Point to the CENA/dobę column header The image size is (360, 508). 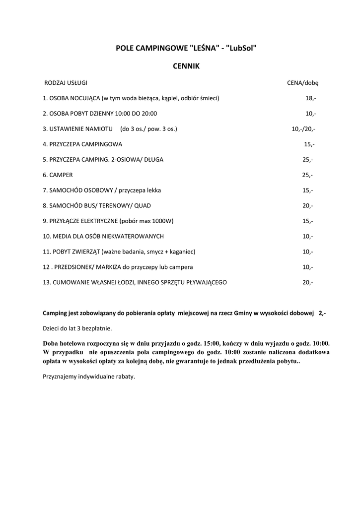point(302,82)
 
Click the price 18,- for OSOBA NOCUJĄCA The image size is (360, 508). point(310,98)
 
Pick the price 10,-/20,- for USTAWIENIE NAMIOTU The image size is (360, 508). point(303,129)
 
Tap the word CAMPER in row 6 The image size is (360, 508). point(61,175)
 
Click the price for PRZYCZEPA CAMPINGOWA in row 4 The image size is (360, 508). point(309,144)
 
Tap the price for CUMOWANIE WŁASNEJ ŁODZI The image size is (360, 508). point(307,282)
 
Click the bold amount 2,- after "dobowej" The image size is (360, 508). point(322,314)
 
